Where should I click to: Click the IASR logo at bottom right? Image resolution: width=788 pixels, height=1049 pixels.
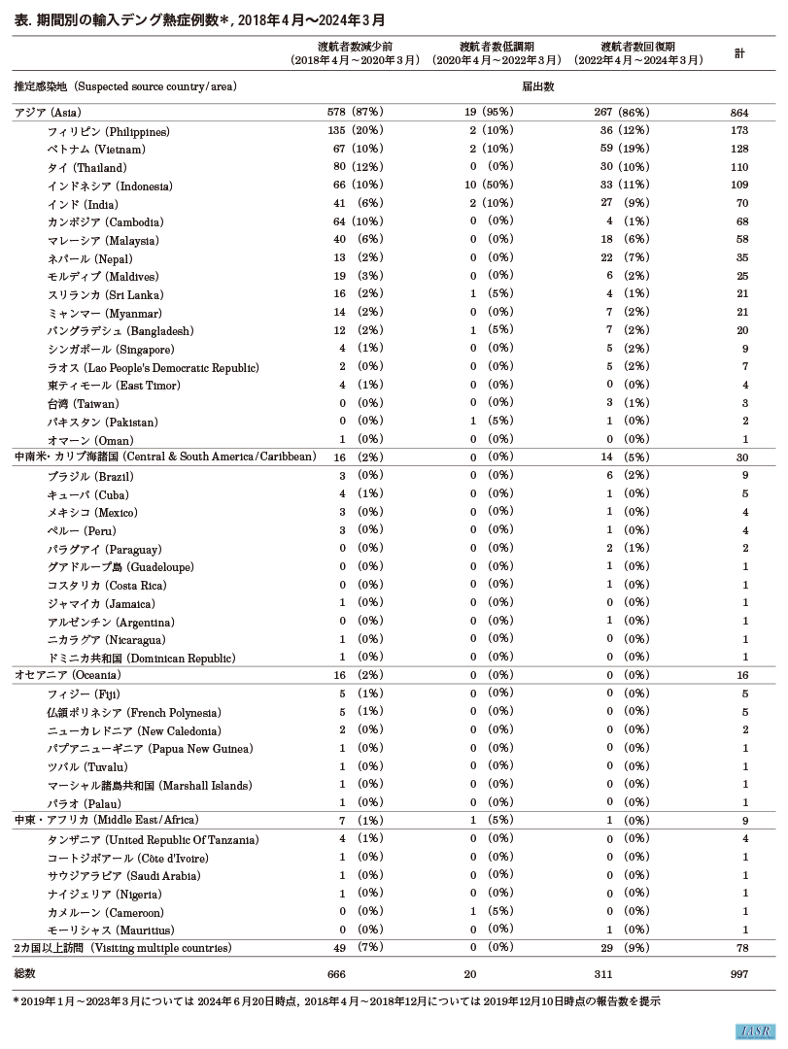click(x=753, y=1031)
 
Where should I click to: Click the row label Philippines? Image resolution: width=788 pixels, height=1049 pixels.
click(x=108, y=131)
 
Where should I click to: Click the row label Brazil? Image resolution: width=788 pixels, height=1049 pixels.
click(x=90, y=477)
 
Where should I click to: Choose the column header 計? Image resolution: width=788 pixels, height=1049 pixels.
click(x=739, y=53)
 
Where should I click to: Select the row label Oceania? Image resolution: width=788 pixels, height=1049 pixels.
click(x=67, y=675)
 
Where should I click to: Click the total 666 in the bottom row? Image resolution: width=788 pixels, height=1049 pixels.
click(x=336, y=973)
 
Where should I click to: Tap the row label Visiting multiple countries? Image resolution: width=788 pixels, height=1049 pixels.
click(x=122, y=948)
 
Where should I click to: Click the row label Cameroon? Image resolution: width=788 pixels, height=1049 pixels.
click(x=105, y=912)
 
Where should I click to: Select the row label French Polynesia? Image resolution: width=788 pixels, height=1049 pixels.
click(x=134, y=712)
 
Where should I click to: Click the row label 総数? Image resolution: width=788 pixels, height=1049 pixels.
click(x=24, y=973)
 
